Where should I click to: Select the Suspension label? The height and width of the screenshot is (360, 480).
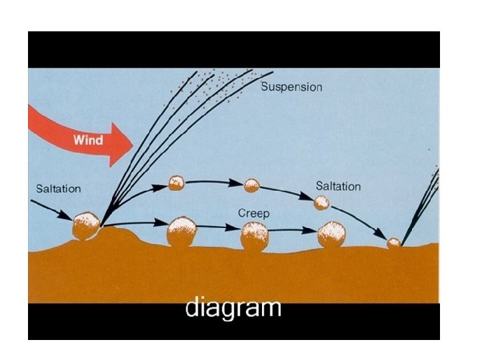(291, 87)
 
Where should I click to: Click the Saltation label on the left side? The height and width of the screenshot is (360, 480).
(59, 189)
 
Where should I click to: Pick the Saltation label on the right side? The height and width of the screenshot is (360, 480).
(338, 186)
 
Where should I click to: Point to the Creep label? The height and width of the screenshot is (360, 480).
(253, 213)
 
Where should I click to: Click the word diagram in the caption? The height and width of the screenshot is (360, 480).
(233, 309)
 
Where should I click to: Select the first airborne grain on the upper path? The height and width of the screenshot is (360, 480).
(176, 183)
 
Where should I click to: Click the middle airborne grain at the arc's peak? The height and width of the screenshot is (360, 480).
(251, 185)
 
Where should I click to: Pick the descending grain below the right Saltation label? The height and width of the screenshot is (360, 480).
(322, 202)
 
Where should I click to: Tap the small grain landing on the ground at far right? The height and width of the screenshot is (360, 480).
(394, 243)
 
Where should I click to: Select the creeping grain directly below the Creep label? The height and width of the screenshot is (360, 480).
(254, 236)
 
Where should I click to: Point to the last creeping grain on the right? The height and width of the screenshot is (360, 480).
(331, 235)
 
